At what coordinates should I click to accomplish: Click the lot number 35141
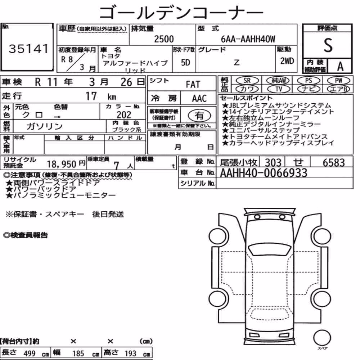29,49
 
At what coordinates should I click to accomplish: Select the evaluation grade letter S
328,45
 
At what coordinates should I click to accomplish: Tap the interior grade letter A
340,67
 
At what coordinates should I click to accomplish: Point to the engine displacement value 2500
164,39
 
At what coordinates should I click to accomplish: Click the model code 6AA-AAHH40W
248,39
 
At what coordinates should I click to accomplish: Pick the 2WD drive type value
287,61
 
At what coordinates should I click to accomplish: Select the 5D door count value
185,62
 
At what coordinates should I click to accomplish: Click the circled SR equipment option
247,81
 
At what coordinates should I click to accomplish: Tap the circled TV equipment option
279,89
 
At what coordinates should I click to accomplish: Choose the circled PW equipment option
338,81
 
